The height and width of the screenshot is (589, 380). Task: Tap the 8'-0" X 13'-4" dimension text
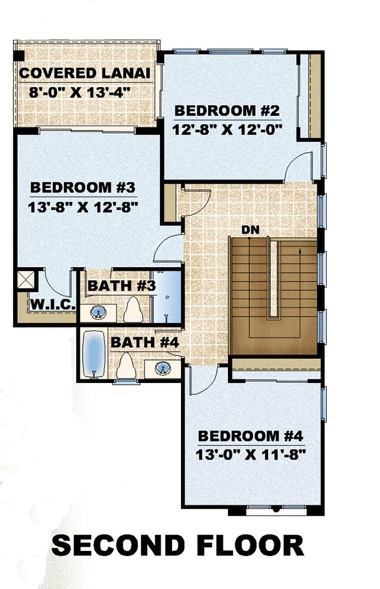tap(80, 93)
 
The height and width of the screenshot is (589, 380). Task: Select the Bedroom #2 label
tap(227, 111)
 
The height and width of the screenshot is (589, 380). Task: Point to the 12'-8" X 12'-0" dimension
tap(227, 130)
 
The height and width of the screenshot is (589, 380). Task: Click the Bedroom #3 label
tap(83, 187)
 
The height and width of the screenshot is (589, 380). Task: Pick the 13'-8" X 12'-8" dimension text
tap(83, 208)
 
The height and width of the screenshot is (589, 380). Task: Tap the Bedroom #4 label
tap(251, 436)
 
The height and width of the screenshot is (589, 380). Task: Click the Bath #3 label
tap(122, 286)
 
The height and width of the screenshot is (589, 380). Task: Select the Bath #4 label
tap(145, 342)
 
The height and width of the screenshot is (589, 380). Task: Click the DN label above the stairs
tap(250, 230)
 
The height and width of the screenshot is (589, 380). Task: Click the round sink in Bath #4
tap(163, 368)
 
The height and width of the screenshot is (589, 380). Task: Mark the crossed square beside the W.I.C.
tap(26, 280)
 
